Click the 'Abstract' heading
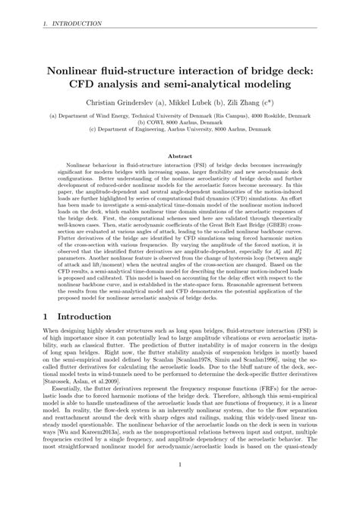[x=180, y=152]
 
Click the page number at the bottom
[x=180, y=488]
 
